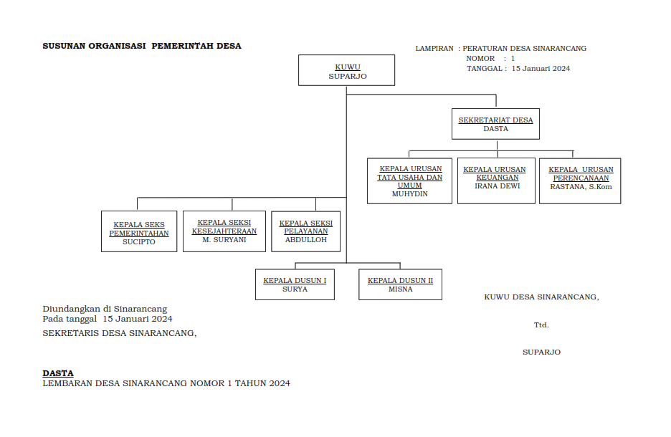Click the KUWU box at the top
[x=346, y=70]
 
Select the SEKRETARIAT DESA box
[x=496, y=124]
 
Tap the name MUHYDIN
[x=410, y=194]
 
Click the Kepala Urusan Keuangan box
[x=496, y=181]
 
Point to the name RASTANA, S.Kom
[x=581, y=186]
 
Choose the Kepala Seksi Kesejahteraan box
[x=224, y=231]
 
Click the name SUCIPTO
[x=139, y=242]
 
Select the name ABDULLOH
[x=305, y=240]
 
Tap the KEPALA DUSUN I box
[x=295, y=284]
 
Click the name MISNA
[x=400, y=289]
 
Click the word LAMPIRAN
[x=434, y=49]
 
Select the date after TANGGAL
[x=541, y=69]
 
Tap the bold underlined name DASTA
[x=58, y=373]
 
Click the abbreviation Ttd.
[x=541, y=325]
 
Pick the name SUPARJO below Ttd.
[x=541, y=352]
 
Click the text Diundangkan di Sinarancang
[x=105, y=309]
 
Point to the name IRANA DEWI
[x=496, y=186]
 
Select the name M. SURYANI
[x=224, y=240]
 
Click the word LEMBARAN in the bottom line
[x=66, y=384]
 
